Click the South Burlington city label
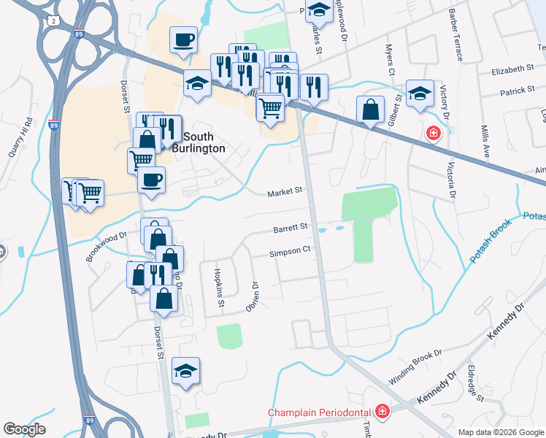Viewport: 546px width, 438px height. click(x=204, y=142)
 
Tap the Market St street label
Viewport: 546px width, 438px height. click(x=285, y=192)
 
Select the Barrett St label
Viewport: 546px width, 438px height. click(x=291, y=228)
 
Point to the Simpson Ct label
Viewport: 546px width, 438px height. click(x=291, y=249)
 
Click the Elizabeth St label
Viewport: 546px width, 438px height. click(x=513, y=70)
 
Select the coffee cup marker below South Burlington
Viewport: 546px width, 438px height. click(x=151, y=180)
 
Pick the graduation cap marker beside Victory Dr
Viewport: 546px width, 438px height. click(x=420, y=93)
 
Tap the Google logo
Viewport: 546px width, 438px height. click(x=25, y=429)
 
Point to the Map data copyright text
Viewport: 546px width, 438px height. click(x=501, y=432)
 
